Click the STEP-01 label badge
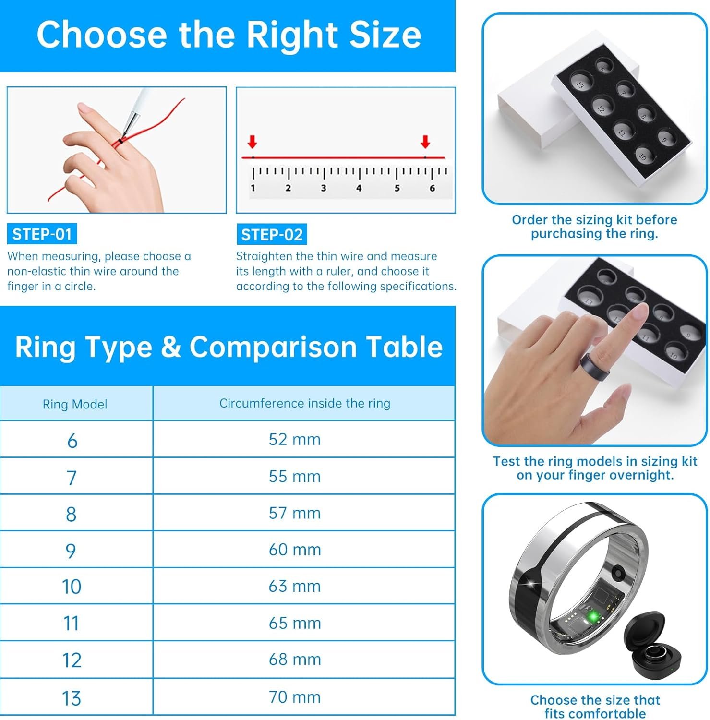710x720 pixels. [42, 234]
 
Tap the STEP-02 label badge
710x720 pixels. [272, 235]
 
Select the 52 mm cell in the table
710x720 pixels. [294, 439]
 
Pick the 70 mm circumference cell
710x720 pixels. [294, 697]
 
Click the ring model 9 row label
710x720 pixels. [71, 550]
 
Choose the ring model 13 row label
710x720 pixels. [71, 698]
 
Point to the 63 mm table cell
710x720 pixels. [294, 586]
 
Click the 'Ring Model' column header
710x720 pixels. [75, 404]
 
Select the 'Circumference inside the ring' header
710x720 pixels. [305, 403]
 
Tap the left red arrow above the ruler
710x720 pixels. [253, 142]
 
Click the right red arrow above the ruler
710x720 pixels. [425, 142]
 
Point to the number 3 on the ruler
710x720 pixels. [324, 188]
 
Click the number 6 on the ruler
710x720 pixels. [432, 188]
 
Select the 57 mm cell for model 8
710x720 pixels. [294, 513]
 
